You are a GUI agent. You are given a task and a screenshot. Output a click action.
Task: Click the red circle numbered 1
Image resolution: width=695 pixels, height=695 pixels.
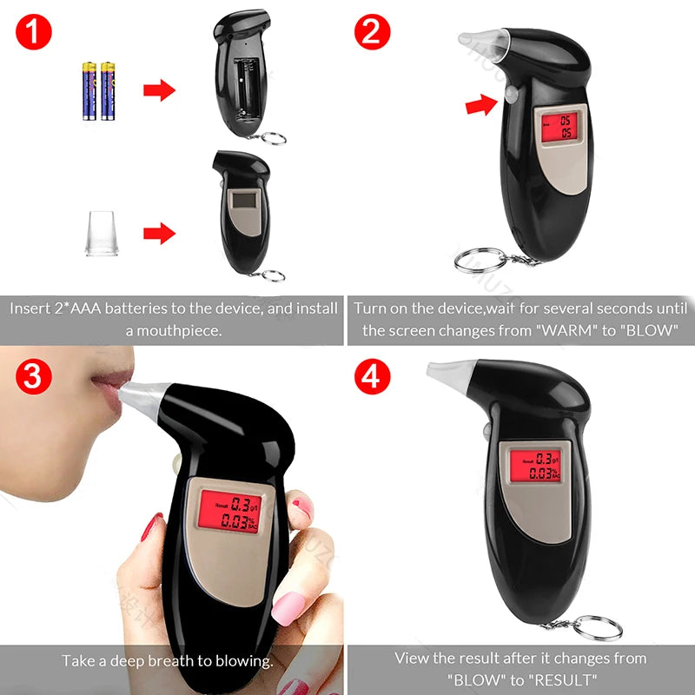[x=34, y=31]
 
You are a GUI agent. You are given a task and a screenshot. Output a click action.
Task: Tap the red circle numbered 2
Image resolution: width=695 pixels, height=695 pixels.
[x=373, y=31]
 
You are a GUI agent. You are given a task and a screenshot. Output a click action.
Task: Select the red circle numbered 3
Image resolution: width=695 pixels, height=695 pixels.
[x=34, y=376]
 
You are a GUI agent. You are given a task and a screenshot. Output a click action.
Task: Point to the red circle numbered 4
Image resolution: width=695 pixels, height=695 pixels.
[x=373, y=376]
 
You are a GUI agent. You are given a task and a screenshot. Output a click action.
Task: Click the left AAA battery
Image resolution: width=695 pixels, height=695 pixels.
[x=89, y=91]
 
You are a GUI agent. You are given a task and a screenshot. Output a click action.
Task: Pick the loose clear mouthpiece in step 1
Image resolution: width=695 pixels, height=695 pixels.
[x=102, y=233]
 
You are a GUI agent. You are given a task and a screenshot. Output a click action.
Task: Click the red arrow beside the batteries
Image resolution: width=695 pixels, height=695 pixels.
[x=159, y=90]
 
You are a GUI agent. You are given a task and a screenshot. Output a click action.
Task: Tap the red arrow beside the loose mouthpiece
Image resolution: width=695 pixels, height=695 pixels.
[x=159, y=233]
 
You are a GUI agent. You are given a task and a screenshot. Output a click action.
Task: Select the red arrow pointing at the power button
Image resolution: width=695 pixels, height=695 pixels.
[x=481, y=105]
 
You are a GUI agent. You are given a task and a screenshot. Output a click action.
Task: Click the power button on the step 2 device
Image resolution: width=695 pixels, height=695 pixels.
[x=511, y=95]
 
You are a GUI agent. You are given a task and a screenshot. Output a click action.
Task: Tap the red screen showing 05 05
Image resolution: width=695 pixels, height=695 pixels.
[x=559, y=127]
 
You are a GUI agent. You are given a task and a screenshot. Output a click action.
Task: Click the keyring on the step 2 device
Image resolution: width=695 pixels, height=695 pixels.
[x=480, y=260]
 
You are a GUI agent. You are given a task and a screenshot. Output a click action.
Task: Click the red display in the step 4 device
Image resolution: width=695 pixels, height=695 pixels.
[x=535, y=466]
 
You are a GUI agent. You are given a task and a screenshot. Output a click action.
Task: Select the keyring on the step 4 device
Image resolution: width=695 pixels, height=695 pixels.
[x=598, y=628]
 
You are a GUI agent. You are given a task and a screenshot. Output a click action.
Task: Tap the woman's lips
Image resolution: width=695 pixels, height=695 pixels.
[x=111, y=387]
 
